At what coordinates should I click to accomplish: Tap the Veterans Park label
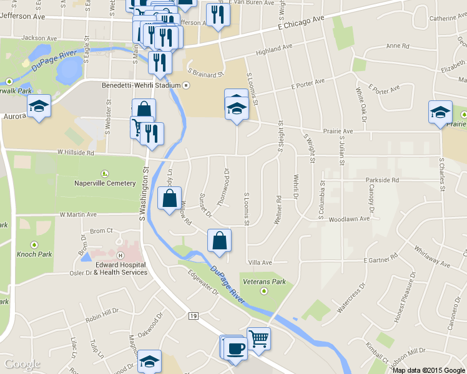[265, 282]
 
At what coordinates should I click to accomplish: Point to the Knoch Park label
[34, 254]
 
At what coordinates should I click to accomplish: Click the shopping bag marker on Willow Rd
[170, 199]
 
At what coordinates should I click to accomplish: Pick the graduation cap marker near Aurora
[39, 105]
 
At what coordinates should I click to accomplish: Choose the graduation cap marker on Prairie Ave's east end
[440, 112]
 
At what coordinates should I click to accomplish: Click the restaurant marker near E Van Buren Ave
[217, 15]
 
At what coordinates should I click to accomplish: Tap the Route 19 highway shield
[193, 317]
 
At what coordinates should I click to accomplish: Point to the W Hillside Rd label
[76, 152]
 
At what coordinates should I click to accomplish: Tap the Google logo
[22, 364]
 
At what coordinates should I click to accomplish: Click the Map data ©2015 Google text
[429, 370]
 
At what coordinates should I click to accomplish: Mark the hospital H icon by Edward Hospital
[120, 256]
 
